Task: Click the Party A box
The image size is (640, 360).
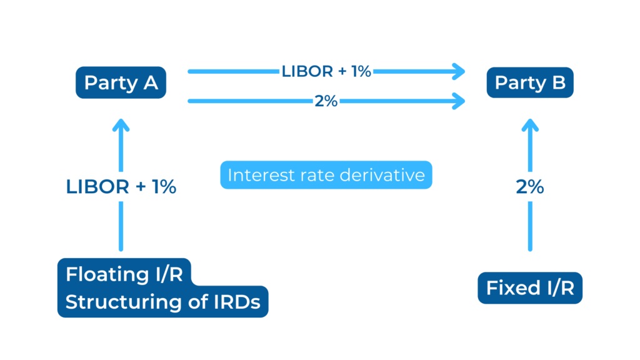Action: click(x=121, y=82)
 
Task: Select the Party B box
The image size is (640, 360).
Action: click(x=530, y=82)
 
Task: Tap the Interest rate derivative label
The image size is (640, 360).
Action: click(x=326, y=175)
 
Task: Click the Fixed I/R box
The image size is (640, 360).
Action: click(x=530, y=287)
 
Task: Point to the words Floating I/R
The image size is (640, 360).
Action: click(x=124, y=274)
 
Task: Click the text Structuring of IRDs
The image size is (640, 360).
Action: click(x=163, y=302)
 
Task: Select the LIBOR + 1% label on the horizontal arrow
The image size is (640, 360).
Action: click(x=326, y=71)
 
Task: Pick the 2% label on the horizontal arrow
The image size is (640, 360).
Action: click(x=326, y=101)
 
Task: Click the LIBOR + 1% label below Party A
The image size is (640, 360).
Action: click(x=121, y=186)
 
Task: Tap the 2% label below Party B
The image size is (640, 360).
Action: click(x=530, y=186)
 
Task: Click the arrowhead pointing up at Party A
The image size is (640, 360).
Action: click(x=121, y=125)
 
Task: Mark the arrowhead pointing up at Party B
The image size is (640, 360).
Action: click(x=530, y=125)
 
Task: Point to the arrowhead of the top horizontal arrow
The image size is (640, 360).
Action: click(x=459, y=71)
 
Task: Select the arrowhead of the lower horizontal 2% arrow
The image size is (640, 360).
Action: click(x=459, y=101)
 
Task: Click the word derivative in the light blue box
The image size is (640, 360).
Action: click(x=382, y=175)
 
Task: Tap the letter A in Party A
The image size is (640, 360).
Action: click(x=150, y=83)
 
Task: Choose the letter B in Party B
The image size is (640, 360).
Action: click(x=559, y=82)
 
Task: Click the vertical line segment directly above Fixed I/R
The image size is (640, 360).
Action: click(x=530, y=226)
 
